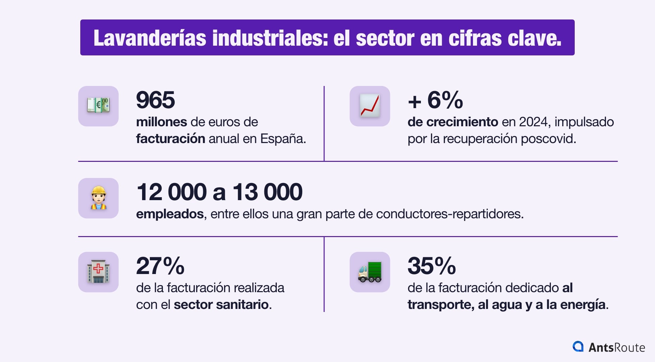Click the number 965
point(155,100)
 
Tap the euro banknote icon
point(98,106)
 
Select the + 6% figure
point(435,100)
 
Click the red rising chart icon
point(369,106)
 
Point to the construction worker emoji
point(98,198)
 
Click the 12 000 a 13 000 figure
point(219,192)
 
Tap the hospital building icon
point(98,272)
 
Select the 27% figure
point(160,266)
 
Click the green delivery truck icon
point(369,272)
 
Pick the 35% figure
point(432,266)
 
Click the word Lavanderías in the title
point(149,38)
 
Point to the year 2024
point(535,122)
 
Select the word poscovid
point(548,139)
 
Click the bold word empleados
point(170,214)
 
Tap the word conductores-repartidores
point(449,214)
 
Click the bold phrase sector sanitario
point(221,305)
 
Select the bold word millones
point(162,122)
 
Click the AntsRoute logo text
point(616,347)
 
